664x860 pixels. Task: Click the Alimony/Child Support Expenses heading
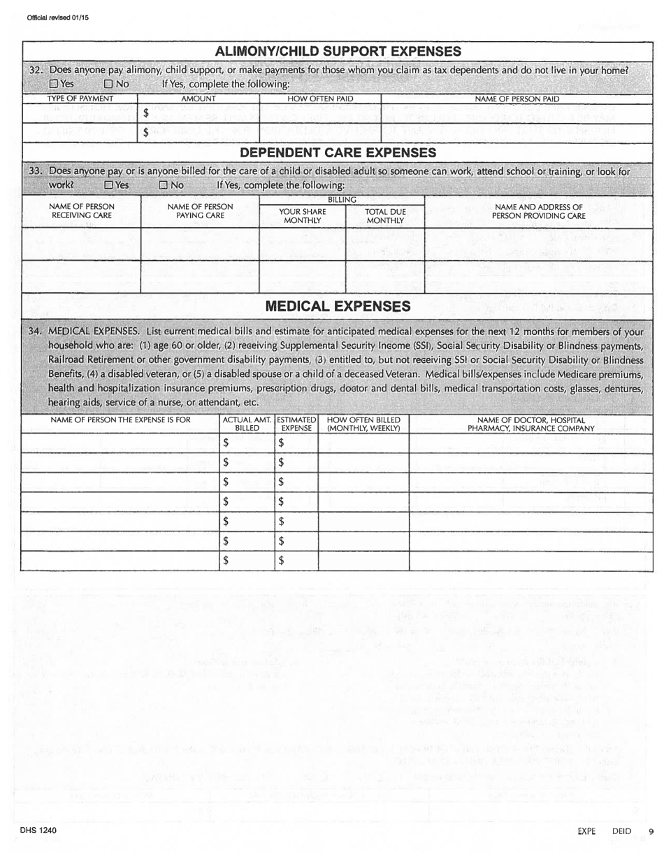338,52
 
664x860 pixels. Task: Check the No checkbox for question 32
108,84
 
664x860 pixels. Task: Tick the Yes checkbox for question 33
108,185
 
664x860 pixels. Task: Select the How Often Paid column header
321,99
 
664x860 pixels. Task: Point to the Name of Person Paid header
517,99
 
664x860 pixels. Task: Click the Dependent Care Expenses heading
338,152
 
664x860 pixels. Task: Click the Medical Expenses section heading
338,306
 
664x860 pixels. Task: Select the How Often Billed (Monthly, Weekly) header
363,424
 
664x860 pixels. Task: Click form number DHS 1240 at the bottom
42,830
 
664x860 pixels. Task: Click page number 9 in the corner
650,831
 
